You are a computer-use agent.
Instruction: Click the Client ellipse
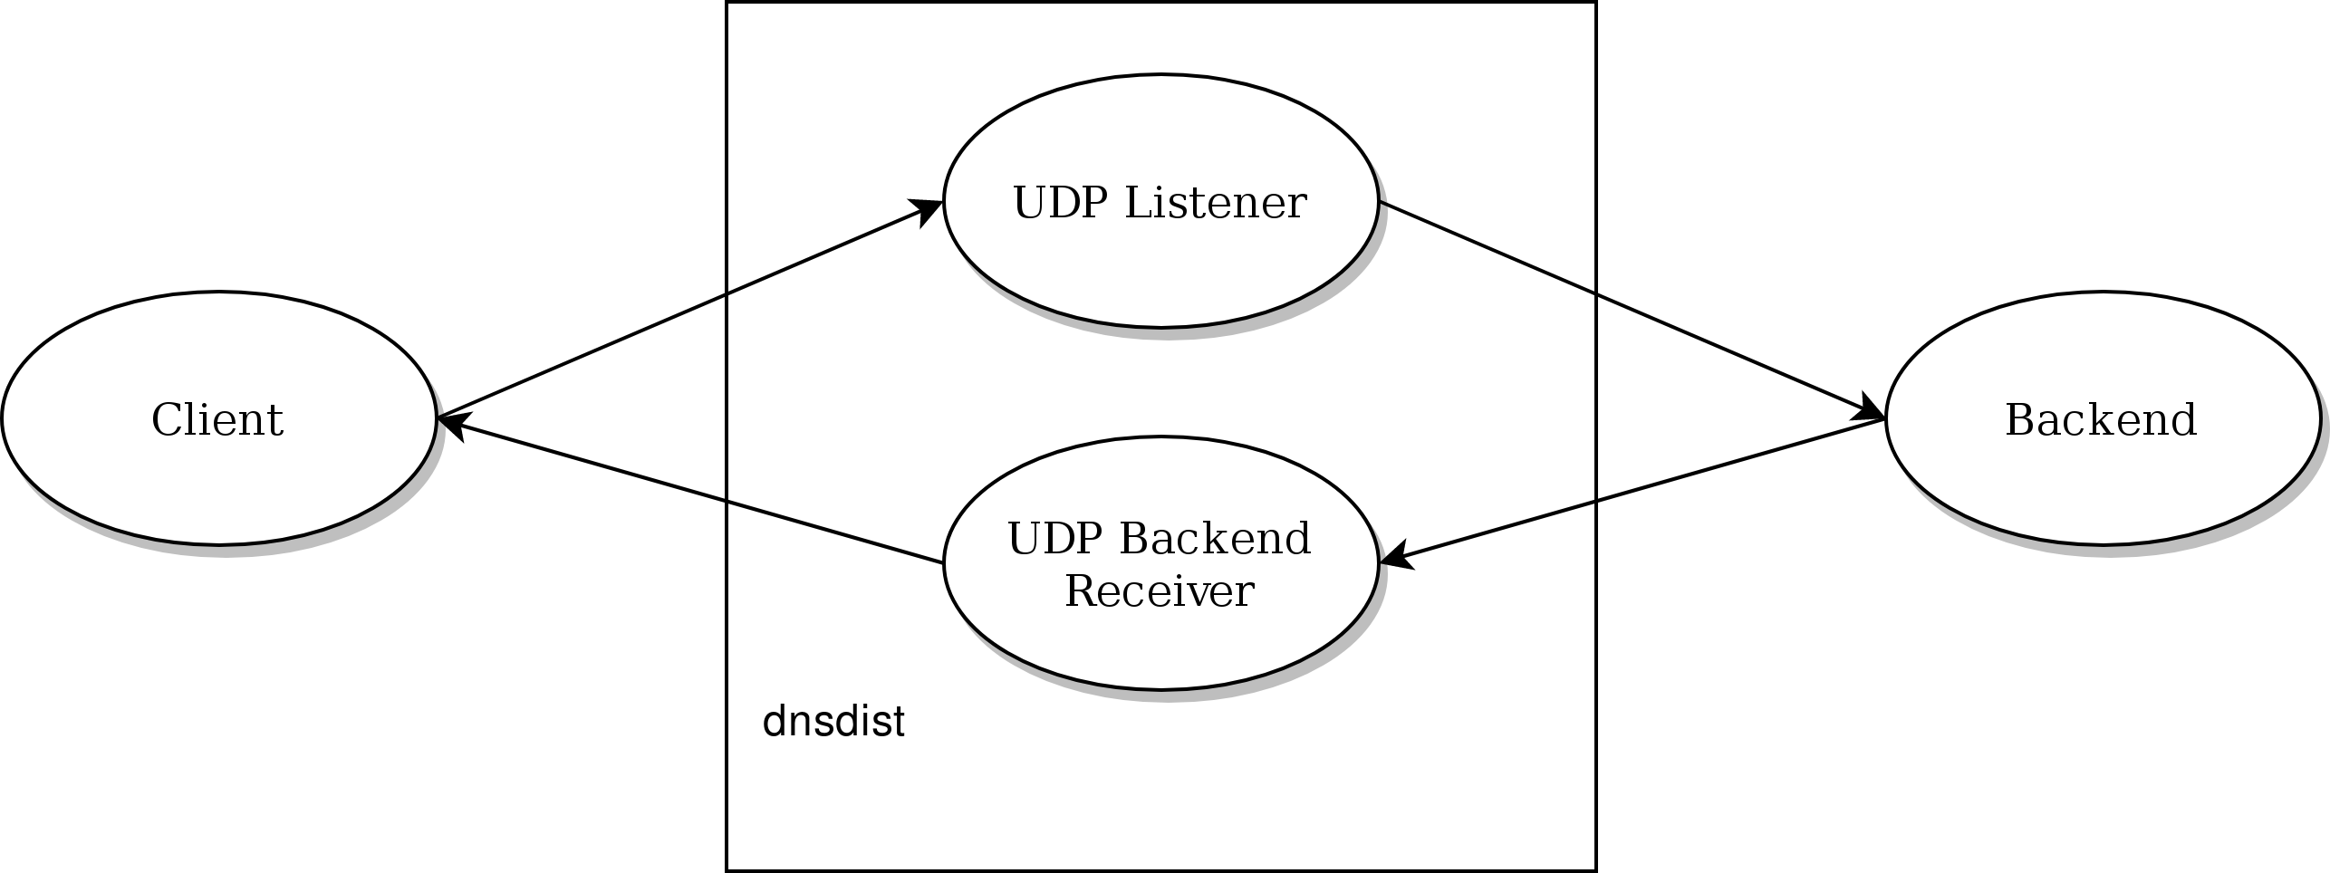tap(217, 471)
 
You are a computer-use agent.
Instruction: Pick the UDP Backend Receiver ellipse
tap(1160, 634)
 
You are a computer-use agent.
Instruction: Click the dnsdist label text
tap(833, 723)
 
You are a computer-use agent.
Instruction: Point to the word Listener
tap(1216, 203)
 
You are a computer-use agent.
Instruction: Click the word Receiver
tap(1159, 591)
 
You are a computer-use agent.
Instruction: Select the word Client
tap(217, 420)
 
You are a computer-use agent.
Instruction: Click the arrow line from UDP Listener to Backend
tap(1631, 310)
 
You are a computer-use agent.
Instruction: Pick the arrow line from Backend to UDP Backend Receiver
tap(1631, 491)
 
